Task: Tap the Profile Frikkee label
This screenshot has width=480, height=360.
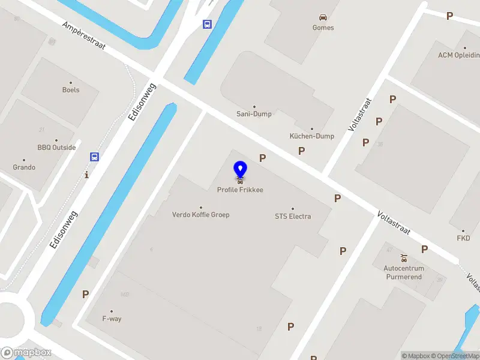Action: (x=240, y=190)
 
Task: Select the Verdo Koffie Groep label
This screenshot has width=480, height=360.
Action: (x=200, y=214)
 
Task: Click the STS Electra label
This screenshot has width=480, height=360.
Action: (x=293, y=216)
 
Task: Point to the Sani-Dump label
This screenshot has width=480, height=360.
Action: (x=254, y=114)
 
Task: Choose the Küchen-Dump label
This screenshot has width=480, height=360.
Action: (x=312, y=136)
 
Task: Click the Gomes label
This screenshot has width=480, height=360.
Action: (x=323, y=28)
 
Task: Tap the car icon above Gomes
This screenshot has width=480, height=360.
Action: (x=323, y=17)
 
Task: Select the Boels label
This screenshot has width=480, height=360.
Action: (x=71, y=90)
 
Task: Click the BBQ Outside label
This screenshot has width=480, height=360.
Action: (x=56, y=148)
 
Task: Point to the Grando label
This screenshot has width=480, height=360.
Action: (x=24, y=167)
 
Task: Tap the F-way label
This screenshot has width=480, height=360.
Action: (x=112, y=319)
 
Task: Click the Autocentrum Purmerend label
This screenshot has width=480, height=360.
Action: (x=404, y=272)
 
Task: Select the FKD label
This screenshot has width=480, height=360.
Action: (x=463, y=238)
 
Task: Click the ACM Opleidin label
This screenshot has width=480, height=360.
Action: (x=458, y=55)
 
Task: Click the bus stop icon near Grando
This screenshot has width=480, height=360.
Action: (x=94, y=157)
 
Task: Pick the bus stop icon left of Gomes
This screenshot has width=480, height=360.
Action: (x=207, y=24)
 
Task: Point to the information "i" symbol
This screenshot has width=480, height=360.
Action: (x=87, y=175)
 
